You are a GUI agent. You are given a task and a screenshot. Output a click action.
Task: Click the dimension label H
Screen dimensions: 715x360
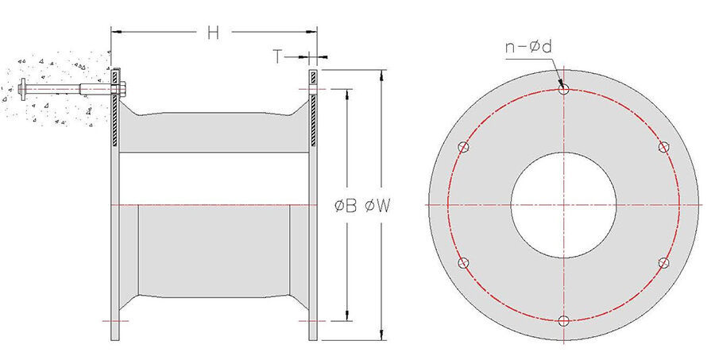pyautogui.click(x=213, y=33)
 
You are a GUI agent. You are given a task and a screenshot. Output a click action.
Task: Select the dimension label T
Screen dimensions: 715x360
pyautogui.click(x=278, y=56)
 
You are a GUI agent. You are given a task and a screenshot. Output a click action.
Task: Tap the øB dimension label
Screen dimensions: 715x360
pyautogui.click(x=346, y=206)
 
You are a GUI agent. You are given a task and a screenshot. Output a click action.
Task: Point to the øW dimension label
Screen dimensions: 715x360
pyautogui.click(x=377, y=206)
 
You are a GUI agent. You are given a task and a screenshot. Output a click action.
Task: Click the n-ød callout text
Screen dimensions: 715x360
pyautogui.click(x=528, y=47)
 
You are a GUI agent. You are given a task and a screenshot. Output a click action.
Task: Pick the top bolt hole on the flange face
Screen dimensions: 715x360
pyautogui.click(x=563, y=89)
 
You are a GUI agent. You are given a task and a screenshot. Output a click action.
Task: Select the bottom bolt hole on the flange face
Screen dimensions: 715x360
pyautogui.click(x=563, y=321)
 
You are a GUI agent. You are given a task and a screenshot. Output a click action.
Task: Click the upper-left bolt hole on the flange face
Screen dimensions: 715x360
pyautogui.click(x=463, y=147)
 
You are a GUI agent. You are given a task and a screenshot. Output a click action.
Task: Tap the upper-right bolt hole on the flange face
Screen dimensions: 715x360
pyautogui.click(x=664, y=147)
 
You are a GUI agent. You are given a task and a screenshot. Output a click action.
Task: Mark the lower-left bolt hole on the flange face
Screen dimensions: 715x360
pyautogui.click(x=463, y=263)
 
